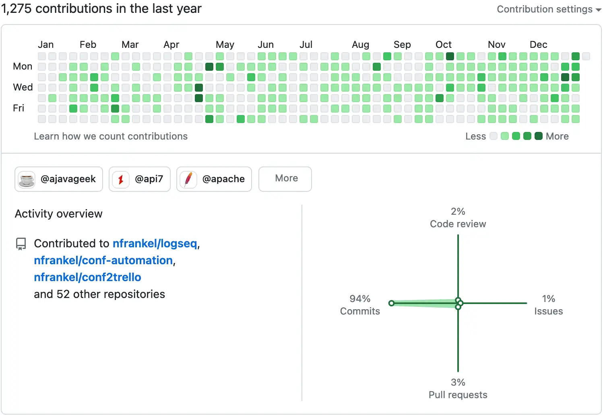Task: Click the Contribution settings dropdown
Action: pyautogui.click(x=549, y=9)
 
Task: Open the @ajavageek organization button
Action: pyautogui.click(x=59, y=179)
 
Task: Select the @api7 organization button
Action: pyautogui.click(x=140, y=179)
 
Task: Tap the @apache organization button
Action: pyautogui.click(x=214, y=179)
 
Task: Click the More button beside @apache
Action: pyautogui.click(x=285, y=179)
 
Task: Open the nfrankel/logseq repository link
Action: pyautogui.click(x=155, y=243)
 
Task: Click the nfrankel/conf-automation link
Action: pyautogui.click(x=103, y=260)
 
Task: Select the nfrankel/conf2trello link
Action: pyautogui.click(x=87, y=277)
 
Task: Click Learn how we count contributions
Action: pyautogui.click(x=111, y=136)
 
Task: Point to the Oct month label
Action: pyautogui.click(x=444, y=45)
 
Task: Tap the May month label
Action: pyautogui.click(x=225, y=45)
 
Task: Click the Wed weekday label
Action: pyautogui.click(x=23, y=87)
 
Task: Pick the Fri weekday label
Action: pyautogui.click(x=19, y=108)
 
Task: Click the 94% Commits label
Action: pyautogui.click(x=360, y=305)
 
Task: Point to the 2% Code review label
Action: pyautogui.click(x=458, y=218)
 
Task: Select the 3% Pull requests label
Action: pyautogui.click(x=458, y=388)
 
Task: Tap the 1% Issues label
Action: pyautogui.click(x=548, y=305)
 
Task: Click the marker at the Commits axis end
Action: pyautogui.click(x=391, y=303)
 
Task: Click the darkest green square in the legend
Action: pyautogui.click(x=539, y=136)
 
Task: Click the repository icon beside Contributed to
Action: pyautogui.click(x=21, y=244)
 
